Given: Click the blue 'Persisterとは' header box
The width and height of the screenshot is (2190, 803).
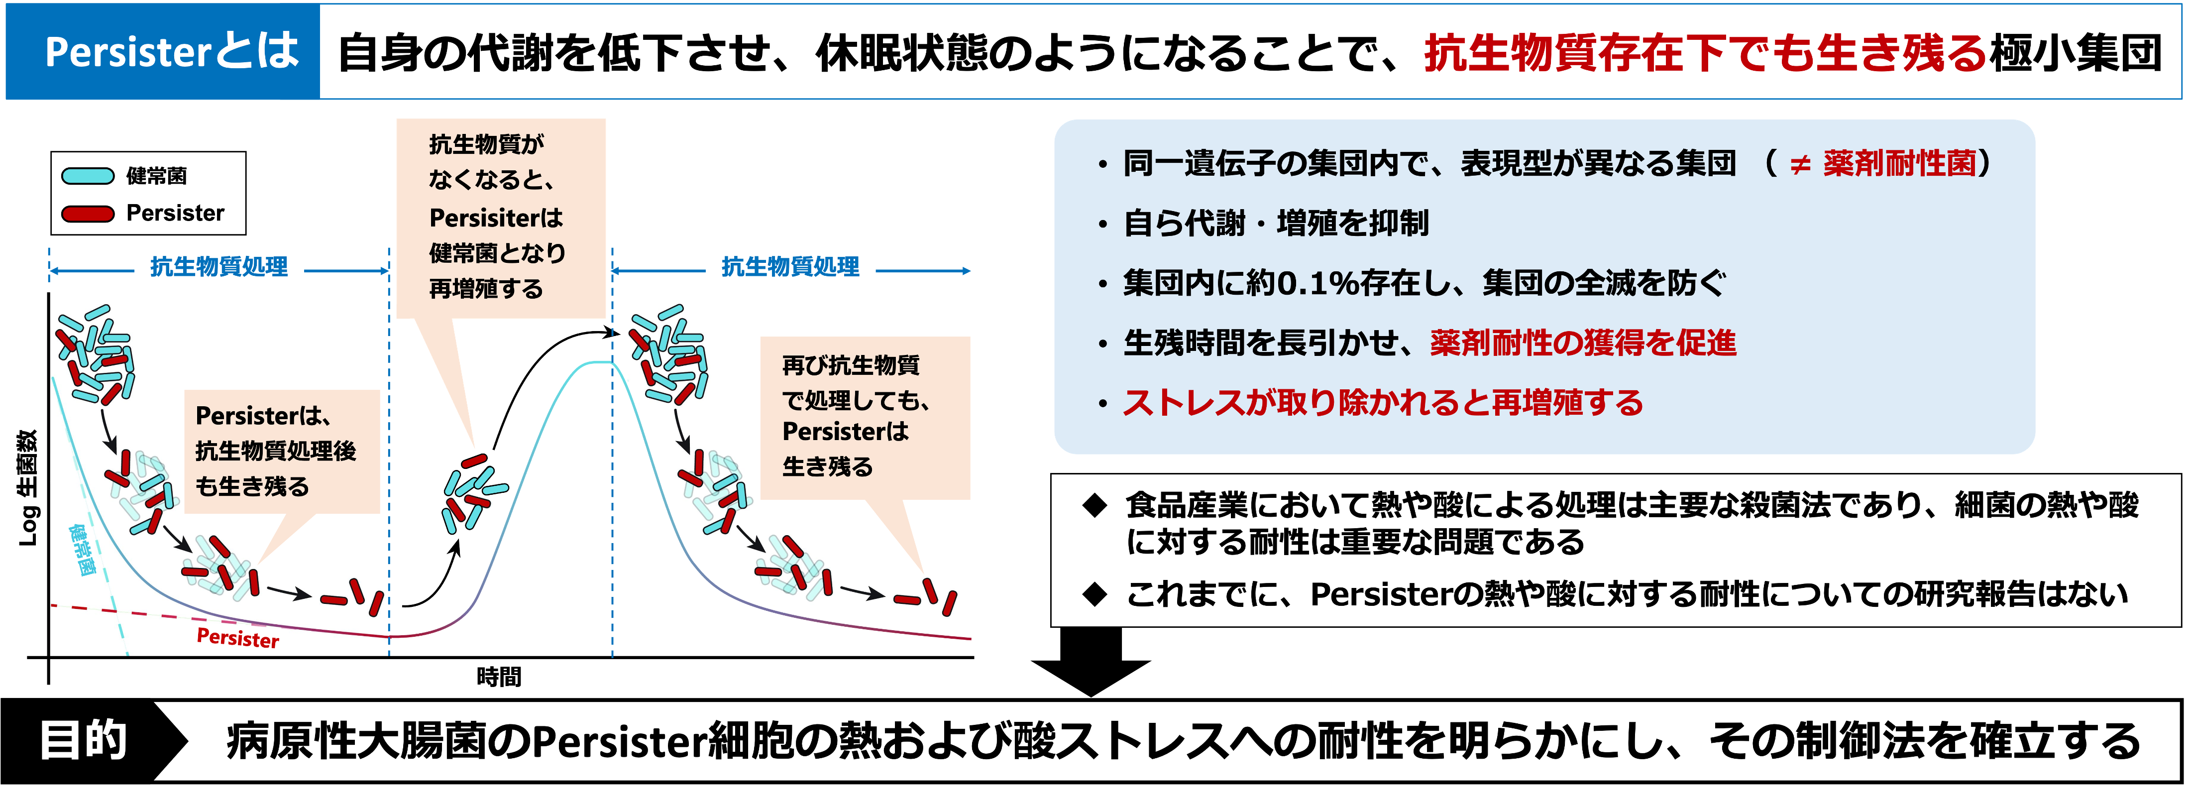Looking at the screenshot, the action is point(162,52).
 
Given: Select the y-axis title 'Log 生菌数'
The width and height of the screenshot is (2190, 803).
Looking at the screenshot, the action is point(28,487).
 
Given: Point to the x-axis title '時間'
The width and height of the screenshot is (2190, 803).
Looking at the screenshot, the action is point(499,677).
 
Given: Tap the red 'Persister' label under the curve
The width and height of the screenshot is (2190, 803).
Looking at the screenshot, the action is point(237,638).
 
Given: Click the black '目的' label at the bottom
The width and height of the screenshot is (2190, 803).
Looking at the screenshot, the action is point(83,740).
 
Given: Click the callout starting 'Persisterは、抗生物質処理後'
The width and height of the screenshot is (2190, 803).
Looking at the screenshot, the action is point(281,452).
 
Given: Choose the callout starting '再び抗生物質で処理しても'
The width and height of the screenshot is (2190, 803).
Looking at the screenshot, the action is point(865,417).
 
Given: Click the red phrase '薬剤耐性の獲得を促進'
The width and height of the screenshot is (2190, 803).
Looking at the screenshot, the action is point(1583,343).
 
